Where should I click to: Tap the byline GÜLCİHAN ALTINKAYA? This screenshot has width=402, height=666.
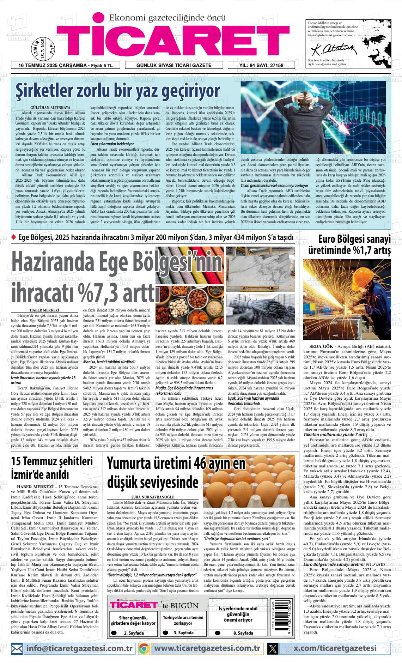tap(50, 107)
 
